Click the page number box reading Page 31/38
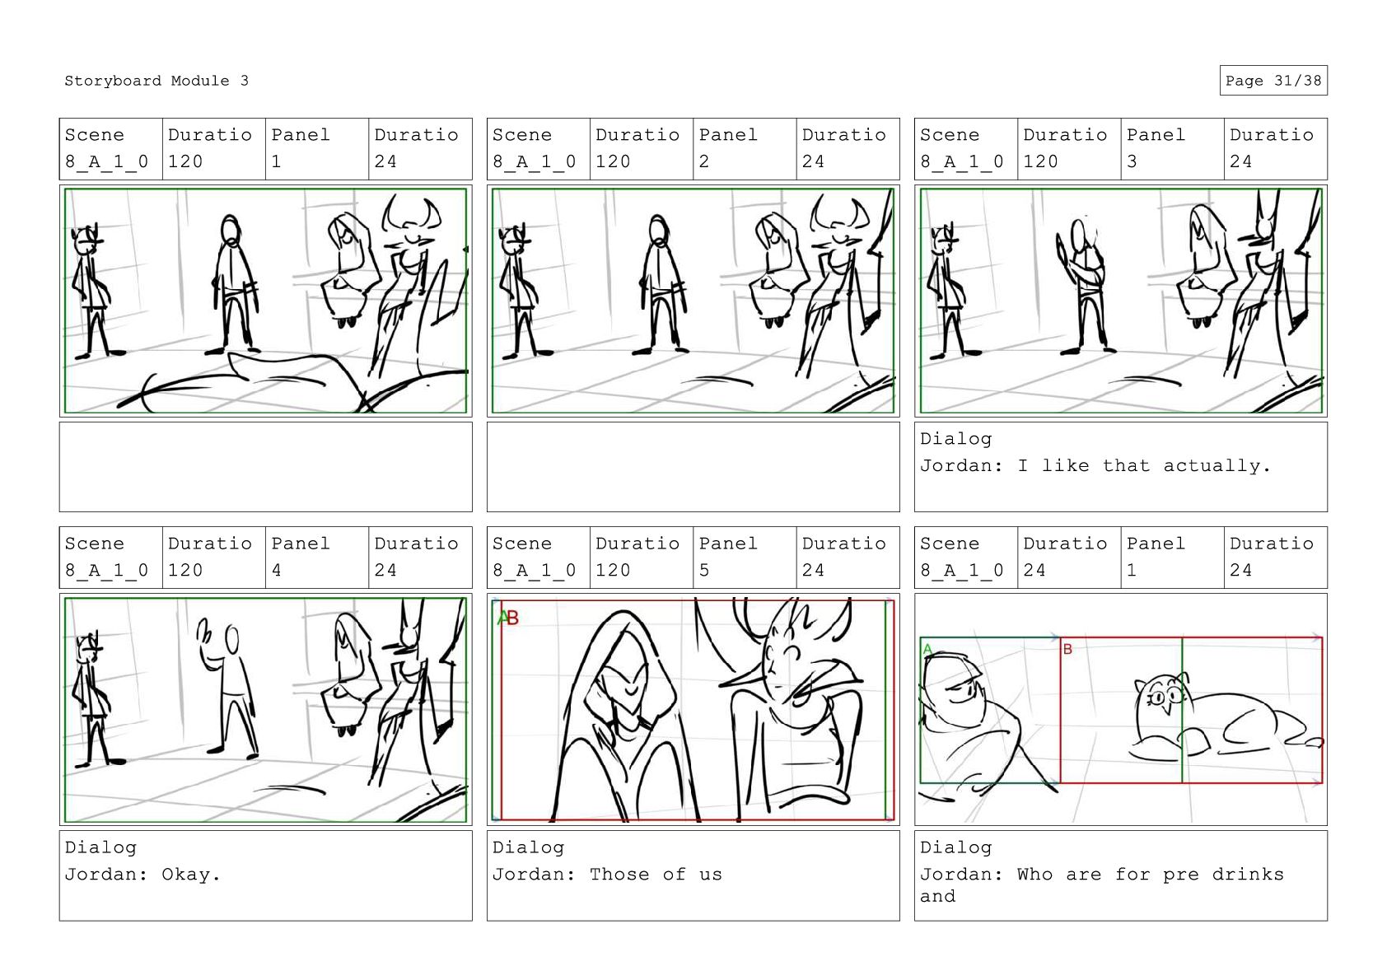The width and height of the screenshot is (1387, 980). (x=1273, y=81)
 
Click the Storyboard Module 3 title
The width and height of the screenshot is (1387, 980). (x=156, y=81)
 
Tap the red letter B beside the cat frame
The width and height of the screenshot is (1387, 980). (x=1067, y=649)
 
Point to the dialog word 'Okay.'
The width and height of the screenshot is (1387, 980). (x=191, y=874)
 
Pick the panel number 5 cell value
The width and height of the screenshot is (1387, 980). (x=704, y=570)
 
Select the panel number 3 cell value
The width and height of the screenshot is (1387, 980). (x=1132, y=161)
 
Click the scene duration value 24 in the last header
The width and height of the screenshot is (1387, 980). (x=1034, y=570)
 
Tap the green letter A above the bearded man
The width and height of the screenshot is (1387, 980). (x=927, y=649)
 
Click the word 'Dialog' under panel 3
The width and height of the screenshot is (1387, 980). (x=956, y=439)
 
